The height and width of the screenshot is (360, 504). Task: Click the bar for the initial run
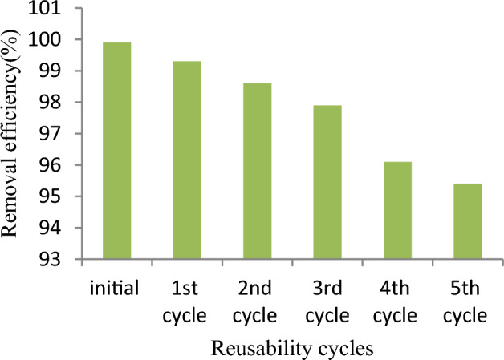click(117, 151)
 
